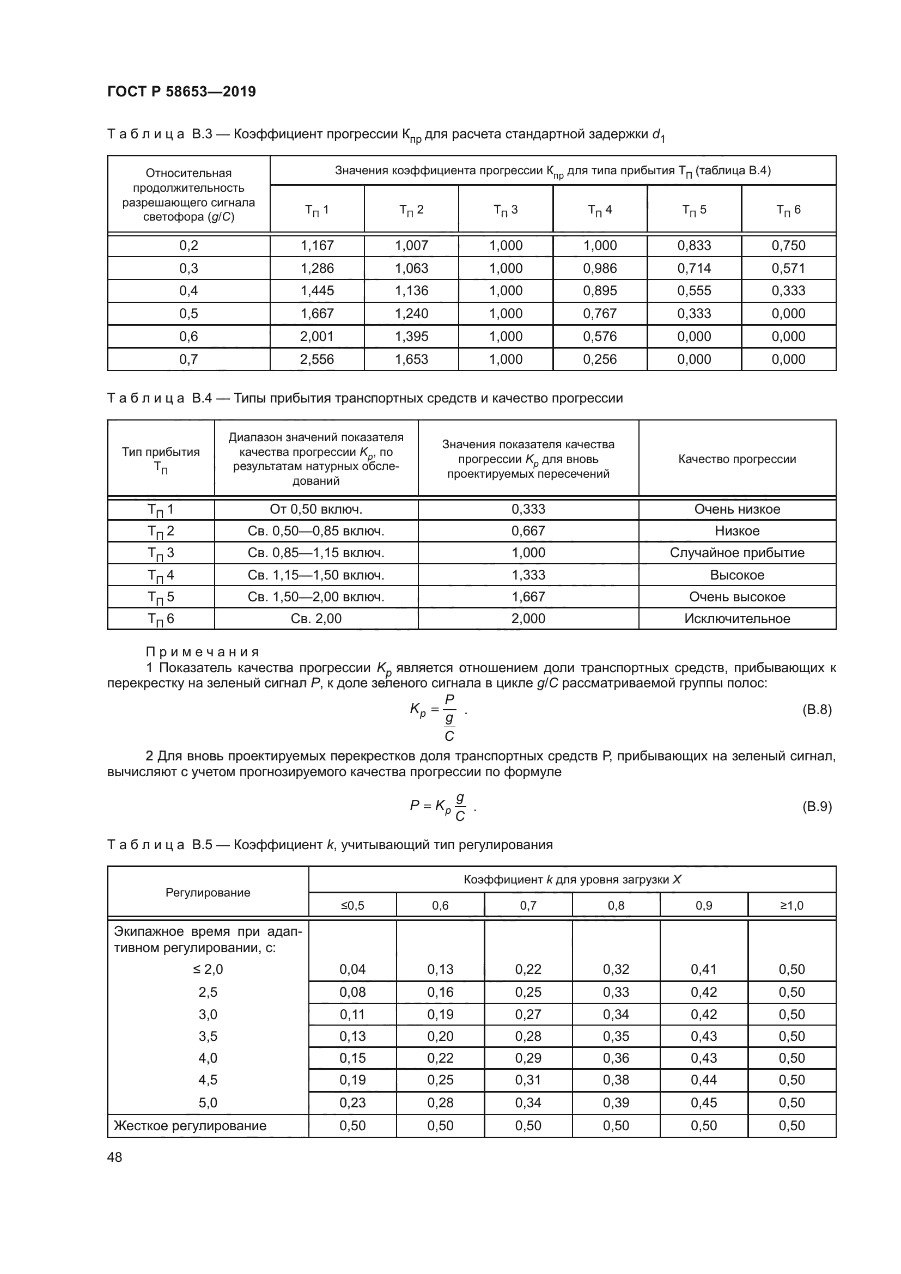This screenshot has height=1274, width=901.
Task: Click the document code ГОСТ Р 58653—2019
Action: tap(181, 92)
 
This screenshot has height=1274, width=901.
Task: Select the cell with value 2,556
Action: tap(317, 359)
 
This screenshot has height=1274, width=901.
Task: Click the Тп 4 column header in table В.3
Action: tap(600, 210)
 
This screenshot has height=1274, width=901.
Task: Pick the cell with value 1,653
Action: tap(411, 359)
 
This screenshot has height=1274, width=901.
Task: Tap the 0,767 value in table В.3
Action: tap(600, 314)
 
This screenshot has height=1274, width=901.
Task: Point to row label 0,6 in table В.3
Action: tap(188, 336)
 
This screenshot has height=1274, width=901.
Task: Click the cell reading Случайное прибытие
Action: tap(737, 553)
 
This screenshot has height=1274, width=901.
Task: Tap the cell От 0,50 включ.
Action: tap(316, 509)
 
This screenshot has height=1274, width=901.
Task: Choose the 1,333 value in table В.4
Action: tap(528, 575)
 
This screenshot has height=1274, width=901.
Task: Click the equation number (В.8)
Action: tap(817, 709)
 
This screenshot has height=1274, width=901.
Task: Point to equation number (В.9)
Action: tap(817, 806)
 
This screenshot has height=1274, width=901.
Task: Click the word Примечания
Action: tap(203, 651)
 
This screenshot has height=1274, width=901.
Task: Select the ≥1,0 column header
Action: tap(791, 906)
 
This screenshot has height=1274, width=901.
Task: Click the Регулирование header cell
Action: tap(208, 892)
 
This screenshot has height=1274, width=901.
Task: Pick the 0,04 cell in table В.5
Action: tap(352, 970)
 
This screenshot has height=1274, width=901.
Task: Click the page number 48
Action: tap(115, 1157)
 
